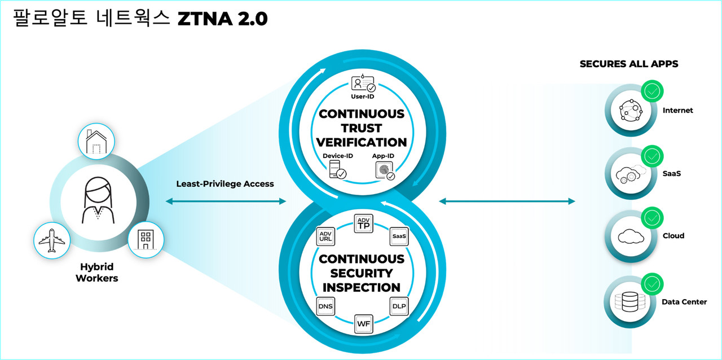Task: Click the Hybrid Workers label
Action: click(97, 273)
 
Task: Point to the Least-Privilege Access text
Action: click(225, 183)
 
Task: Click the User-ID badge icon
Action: click(363, 84)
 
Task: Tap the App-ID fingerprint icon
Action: click(385, 170)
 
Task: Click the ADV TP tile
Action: click(364, 224)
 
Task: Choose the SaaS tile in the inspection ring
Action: click(399, 236)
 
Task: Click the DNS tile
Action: click(326, 306)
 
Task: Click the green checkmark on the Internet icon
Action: click(653, 90)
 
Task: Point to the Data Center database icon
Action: click(627, 302)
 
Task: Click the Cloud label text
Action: click(673, 236)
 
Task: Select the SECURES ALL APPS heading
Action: click(629, 64)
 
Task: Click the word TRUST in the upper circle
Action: click(362, 128)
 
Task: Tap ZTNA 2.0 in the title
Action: click(222, 19)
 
